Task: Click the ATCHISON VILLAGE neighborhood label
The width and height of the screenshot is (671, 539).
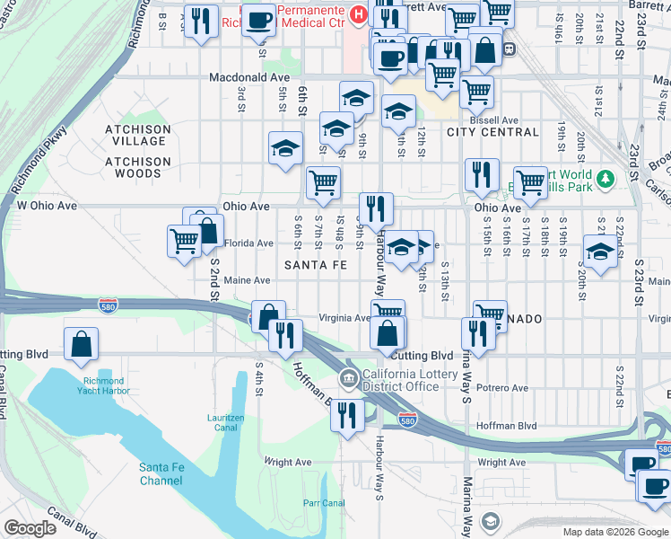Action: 136,135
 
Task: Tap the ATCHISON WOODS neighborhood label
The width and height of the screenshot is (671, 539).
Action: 137,167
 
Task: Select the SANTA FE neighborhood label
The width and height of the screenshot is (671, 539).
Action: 315,265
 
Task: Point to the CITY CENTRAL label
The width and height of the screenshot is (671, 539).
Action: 492,132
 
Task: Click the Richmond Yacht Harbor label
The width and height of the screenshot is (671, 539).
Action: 123,386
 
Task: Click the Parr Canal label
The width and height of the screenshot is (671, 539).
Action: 324,503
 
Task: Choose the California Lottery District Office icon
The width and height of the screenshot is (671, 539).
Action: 350,377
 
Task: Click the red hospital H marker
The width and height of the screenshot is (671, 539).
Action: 358,14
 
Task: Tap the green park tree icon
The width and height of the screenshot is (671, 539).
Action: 606,180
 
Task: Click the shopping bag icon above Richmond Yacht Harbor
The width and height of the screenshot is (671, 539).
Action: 81,343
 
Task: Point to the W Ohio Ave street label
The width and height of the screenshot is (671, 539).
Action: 47,206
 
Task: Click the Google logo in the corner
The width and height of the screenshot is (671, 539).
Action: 30,528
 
